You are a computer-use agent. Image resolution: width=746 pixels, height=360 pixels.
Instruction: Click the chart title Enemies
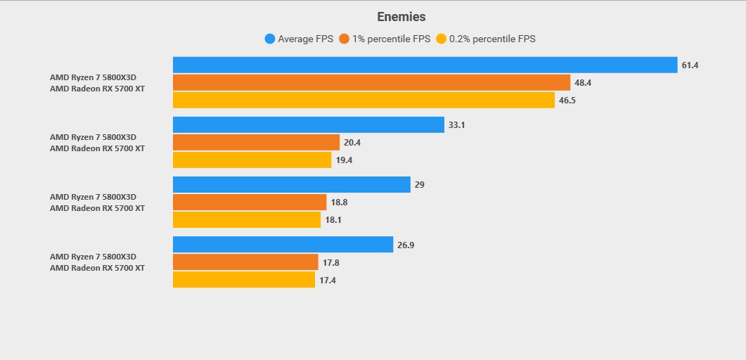pyautogui.click(x=401, y=17)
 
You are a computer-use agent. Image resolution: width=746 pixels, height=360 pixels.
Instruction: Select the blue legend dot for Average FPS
pyautogui.click(x=269, y=39)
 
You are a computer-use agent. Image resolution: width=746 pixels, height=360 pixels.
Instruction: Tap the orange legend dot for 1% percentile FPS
pyautogui.click(x=344, y=39)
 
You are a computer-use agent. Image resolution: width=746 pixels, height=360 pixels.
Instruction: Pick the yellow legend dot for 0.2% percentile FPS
pyautogui.click(x=441, y=39)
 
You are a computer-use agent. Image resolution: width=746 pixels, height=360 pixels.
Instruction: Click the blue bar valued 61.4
pyautogui.click(x=425, y=65)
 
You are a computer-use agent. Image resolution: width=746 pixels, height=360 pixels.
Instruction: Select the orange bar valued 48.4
pyautogui.click(x=371, y=82)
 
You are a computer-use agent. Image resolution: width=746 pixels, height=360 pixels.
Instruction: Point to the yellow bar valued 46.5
pyautogui.click(x=364, y=101)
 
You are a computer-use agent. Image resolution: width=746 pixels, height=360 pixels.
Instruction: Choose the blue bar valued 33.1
pyautogui.click(x=308, y=124)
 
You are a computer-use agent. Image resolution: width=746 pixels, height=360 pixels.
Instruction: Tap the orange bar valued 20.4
pyautogui.click(x=256, y=142)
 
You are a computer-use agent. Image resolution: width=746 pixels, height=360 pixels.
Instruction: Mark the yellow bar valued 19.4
pyautogui.click(x=252, y=160)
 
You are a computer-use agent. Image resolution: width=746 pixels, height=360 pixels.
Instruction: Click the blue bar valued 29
pyautogui.click(x=291, y=184)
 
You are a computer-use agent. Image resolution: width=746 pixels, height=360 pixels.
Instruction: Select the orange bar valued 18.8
pyautogui.click(x=250, y=202)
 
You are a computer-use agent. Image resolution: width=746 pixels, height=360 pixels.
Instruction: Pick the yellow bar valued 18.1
pyautogui.click(x=247, y=220)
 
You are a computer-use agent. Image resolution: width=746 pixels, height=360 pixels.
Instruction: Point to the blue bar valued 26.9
pyautogui.click(x=283, y=244)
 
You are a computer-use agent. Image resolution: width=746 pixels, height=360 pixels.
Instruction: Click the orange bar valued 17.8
pyautogui.click(x=245, y=262)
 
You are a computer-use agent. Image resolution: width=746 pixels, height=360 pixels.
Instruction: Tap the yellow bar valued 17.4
pyautogui.click(x=244, y=280)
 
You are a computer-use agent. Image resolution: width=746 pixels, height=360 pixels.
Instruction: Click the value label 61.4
pyautogui.click(x=690, y=65)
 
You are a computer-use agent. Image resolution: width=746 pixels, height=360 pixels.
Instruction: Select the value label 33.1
pyautogui.click(x=456, y=125)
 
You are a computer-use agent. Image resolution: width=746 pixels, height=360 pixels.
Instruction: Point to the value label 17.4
pyautogui.click(x=327, y=280)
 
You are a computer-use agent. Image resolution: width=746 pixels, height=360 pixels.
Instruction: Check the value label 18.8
pyautogui.click(x=339, y=202)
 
